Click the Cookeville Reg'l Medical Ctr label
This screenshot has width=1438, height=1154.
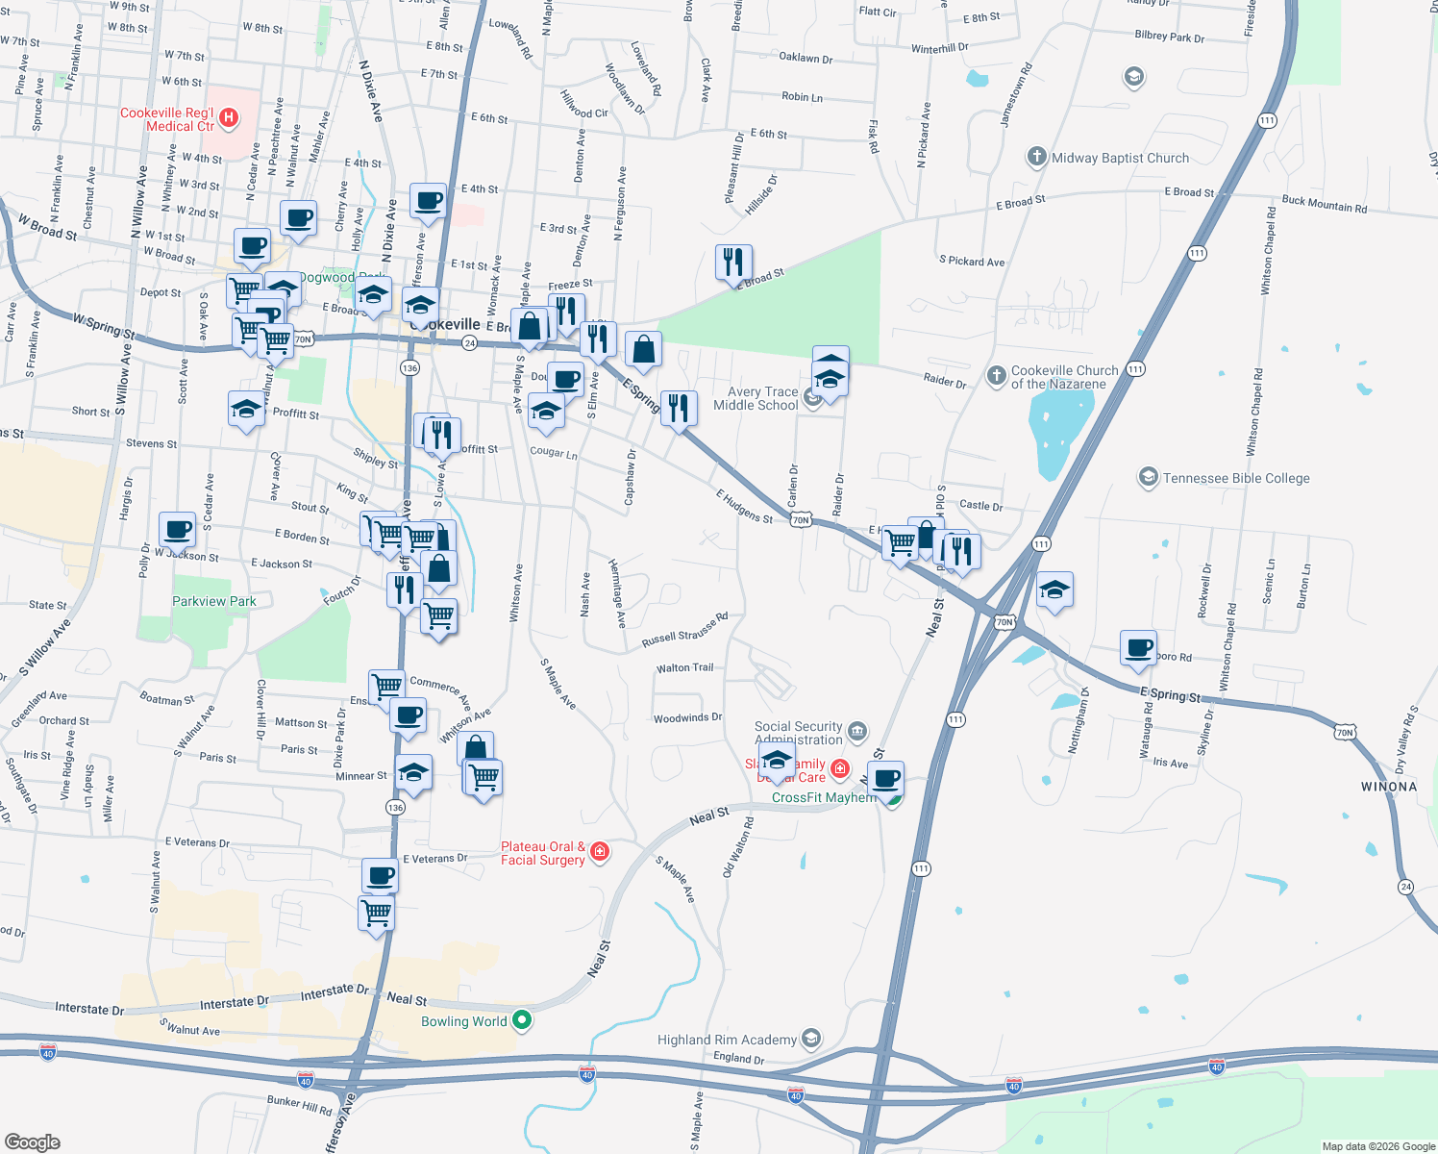click(167, 119)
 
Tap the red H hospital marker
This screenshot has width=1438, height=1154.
click(229, 117)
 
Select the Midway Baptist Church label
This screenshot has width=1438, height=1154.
click(1120, 158)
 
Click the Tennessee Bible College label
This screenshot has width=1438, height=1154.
click(1236, 478)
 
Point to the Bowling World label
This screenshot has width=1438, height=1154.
click(463, 1021)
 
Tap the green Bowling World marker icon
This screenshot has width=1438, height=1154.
click(522, 1020)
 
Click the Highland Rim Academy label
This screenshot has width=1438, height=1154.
click(727, 1040)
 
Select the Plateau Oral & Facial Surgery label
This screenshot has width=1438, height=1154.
click(543, 853)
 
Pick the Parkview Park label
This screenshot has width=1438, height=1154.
click(214, 601)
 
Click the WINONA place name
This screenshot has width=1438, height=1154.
click(1389, 787)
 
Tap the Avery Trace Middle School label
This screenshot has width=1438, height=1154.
click(756, 398)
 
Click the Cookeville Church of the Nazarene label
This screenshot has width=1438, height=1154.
click(1064, 377)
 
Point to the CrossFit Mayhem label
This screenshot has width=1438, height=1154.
click(824, 797)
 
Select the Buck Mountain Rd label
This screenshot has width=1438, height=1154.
click(1324, 204)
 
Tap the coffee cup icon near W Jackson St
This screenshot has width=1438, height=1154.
click(177, 529)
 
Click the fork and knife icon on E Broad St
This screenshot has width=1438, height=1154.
click(733, 262)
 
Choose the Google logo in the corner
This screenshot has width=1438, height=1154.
click(32, 1141)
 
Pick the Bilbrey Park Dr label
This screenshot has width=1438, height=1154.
click(1169, 37)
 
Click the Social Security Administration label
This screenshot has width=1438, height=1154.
click(799, 733)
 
